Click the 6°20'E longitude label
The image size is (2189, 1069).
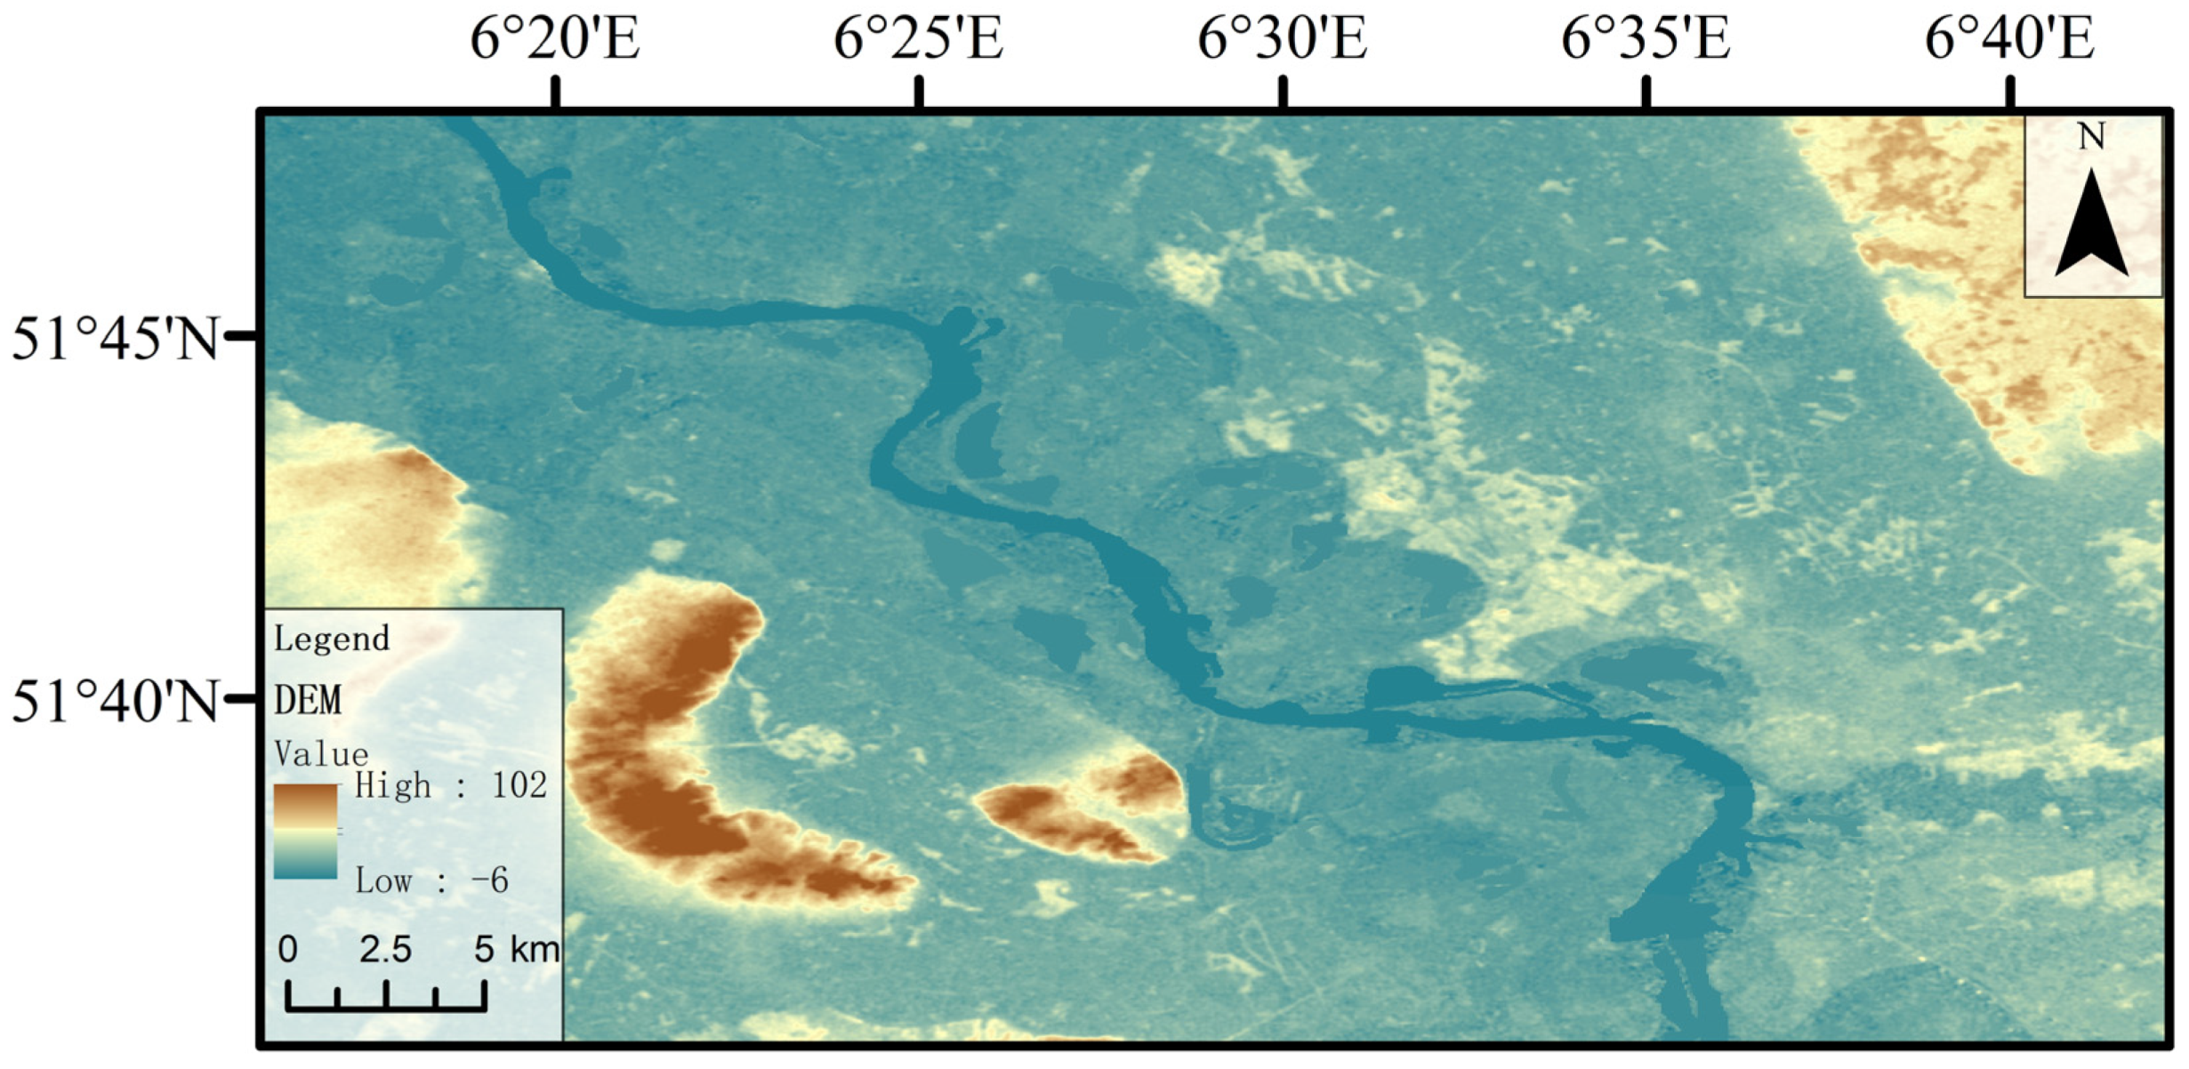[x=555, y=40]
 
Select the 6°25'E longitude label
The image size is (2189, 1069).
[x=918, y=40]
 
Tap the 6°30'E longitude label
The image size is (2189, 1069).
[x=1282, y=40]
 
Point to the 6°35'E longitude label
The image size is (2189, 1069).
[x=1646, y=40]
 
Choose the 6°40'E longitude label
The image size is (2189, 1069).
[x=2009, y=40]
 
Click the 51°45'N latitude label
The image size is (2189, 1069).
[x=115, y=339]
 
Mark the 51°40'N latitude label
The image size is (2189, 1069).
[x=115, y=702]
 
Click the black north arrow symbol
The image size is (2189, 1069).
[x=2091, y=227]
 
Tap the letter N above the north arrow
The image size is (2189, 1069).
[x=2091, y=138]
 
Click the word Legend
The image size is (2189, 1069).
[x=332, y=639]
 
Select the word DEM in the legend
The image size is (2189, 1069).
[x=308, y=701]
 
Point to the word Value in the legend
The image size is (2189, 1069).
[x=321, y=754]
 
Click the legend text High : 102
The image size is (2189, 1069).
[x=451, y=786]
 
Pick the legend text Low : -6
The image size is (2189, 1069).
[x=432, y=881]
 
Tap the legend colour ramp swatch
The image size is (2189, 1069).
[x=305, y=832]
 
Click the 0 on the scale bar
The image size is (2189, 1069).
[x=287, y=950]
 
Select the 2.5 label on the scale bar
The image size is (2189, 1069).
[x=385, y=950]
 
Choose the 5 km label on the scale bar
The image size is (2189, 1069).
[x=516, y=950]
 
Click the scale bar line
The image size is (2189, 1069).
[x=386, y=1008]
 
